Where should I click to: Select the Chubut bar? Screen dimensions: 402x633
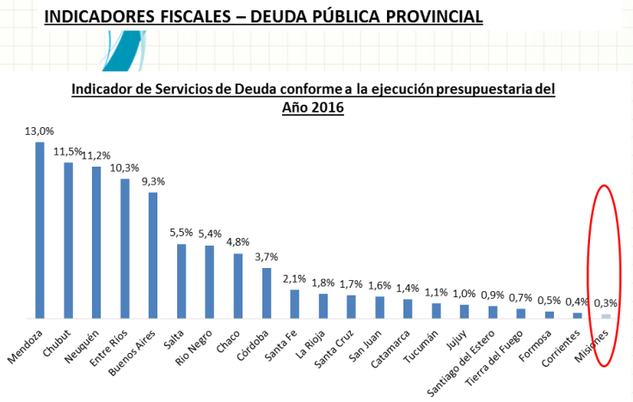point(68,241)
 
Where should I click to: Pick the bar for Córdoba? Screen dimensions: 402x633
point(267,293)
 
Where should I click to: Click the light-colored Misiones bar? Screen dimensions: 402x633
point(606,316)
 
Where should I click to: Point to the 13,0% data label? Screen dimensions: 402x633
point(40,131)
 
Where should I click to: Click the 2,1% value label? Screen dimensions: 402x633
point(294,278)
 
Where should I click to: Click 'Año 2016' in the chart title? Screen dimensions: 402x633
point(313,107)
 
